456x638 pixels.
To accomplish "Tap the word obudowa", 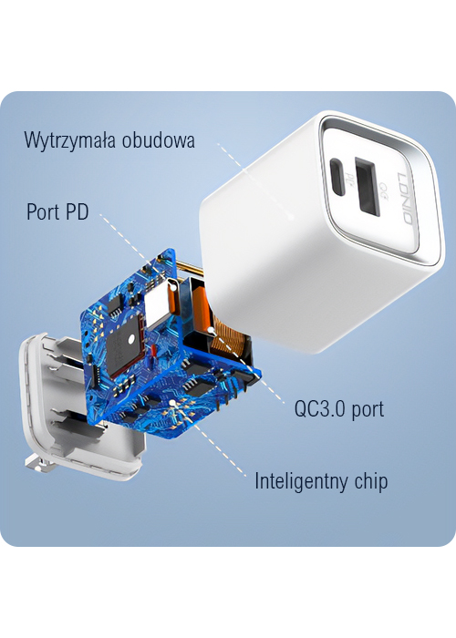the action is click(159, 139).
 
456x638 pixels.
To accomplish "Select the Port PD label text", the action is click(57, 211).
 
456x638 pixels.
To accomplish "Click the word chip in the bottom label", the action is click(371, 481).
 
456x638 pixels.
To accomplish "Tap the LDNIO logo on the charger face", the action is click(406, 198).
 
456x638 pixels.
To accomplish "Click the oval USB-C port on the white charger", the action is click(337, 177).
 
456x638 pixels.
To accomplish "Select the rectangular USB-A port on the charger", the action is click(367, 186).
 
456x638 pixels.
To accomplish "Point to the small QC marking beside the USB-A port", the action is click(383, 188).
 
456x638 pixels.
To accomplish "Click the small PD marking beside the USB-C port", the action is click(348, 178).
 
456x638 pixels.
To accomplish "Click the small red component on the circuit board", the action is click(154, 351).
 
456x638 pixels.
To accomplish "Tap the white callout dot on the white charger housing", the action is click(291, 217).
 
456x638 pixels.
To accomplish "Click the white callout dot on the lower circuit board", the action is click(172, 403).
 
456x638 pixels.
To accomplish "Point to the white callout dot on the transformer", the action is click(211, 328).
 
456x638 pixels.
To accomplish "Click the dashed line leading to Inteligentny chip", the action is click(210, 440).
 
